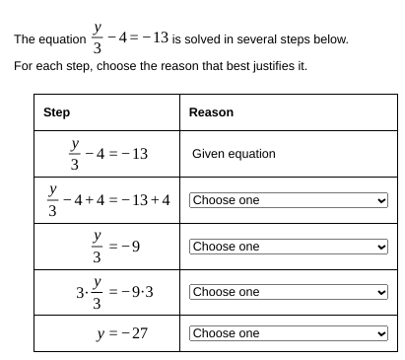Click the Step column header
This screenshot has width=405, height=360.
pos(56,112)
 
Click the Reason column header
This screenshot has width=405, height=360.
pos(211,112)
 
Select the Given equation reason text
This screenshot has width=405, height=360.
pos(234,154)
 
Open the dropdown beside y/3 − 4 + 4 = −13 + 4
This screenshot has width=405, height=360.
pos(289,200)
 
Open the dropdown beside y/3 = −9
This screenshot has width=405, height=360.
pos(289,247)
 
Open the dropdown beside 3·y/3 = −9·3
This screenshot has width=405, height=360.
pos(289,292)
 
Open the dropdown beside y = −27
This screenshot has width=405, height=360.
pos(289,333)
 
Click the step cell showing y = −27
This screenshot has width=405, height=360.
pos(121,333)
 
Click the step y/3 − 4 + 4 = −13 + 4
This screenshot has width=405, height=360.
pos(107,200)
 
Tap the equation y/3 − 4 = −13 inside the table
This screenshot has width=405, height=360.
pos(108,155)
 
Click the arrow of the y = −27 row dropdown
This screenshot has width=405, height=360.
pos(381,333)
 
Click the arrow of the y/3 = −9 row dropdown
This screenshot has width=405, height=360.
pos(381,247)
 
